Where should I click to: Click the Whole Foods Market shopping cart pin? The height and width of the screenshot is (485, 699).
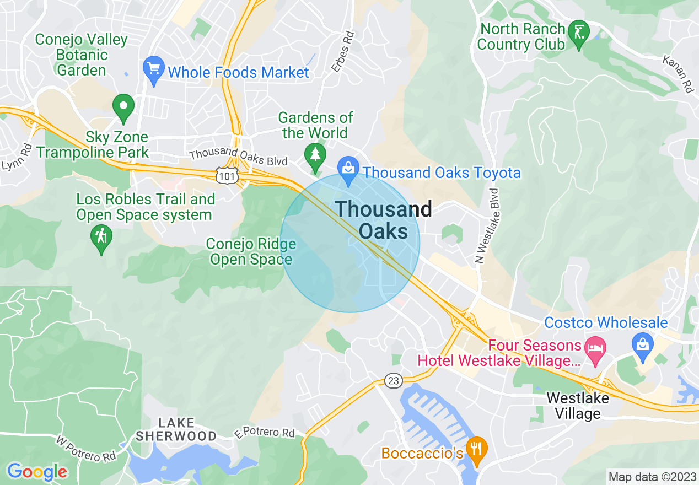154,69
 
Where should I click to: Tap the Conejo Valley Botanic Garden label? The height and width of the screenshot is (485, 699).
82,55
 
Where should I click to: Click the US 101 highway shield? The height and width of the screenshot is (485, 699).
227,175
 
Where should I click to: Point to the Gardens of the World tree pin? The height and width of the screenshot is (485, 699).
315,155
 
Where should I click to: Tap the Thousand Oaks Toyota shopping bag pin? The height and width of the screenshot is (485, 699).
348,169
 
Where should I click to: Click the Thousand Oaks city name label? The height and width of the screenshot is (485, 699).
384,220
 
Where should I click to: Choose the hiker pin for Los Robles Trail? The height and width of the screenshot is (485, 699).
101,238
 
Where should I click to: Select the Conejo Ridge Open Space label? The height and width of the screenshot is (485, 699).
251,252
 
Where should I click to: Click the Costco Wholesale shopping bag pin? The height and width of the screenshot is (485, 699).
643,346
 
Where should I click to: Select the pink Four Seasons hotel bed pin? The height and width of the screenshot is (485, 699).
595,349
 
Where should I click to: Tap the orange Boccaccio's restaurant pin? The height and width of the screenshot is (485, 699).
476,449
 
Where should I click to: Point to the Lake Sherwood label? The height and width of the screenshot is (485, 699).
176,429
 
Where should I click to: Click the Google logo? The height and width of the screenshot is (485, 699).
37,472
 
